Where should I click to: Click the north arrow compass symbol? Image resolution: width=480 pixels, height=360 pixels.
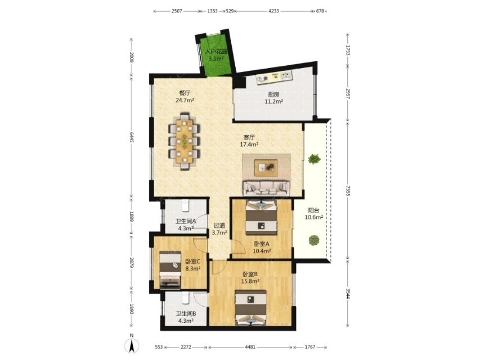(132, 345)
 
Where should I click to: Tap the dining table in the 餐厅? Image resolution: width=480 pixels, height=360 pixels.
(184, 141)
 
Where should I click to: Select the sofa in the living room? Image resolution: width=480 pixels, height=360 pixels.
(266, 188)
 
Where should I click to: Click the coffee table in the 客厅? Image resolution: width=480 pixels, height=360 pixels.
(266, 168)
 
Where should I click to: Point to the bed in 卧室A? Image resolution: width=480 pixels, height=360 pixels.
(261, 217)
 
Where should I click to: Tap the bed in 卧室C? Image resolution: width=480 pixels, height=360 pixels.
(170, 270)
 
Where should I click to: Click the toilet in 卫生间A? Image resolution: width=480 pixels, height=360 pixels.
(186, 205)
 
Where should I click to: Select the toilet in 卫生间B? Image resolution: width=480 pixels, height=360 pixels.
(186, 298)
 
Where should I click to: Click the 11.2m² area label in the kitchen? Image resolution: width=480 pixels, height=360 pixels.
(273, 102)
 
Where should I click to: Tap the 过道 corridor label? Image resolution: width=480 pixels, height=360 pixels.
(219, 226)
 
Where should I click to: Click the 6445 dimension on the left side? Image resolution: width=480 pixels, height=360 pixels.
(132, 137)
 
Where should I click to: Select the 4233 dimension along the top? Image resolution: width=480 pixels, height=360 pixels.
(273, 11)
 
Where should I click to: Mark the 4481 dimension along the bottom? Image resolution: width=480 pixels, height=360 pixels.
(250, 347)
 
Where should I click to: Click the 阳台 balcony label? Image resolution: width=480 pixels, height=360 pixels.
(314, 210)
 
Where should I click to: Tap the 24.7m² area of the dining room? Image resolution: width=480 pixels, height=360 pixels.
(185, 100)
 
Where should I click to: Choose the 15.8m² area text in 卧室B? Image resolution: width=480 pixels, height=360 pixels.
(250, 281)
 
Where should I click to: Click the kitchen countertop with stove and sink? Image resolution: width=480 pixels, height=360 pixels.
(274, 77)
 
